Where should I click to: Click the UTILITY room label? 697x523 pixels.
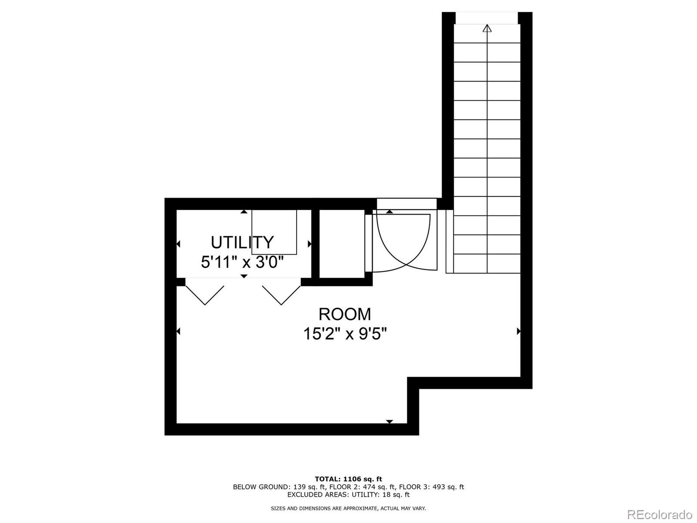coord(242,242)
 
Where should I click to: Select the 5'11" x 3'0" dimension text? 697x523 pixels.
coord(242,262)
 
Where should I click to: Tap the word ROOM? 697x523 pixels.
coord(345,314)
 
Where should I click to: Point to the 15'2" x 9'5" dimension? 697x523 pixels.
coord(345,334)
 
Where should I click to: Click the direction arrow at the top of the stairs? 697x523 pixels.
coord(487,29)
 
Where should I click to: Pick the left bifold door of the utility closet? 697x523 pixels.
coord(205,294)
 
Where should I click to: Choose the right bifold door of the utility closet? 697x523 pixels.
coord(281,294)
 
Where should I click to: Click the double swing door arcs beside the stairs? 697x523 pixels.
coord(403,242)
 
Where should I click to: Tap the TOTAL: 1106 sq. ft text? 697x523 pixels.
coord(348,479)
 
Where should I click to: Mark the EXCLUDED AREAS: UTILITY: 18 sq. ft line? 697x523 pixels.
coord(348,495)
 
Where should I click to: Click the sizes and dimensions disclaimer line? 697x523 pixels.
coord(348,508)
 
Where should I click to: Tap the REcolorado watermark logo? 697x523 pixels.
coord(660,514)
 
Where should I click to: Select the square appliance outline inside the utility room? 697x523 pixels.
coord(274,232)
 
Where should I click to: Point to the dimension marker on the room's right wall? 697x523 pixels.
coord(518,331)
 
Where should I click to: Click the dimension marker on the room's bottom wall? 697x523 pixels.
coord(389,421)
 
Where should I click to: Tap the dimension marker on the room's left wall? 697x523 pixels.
coord(178,331)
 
